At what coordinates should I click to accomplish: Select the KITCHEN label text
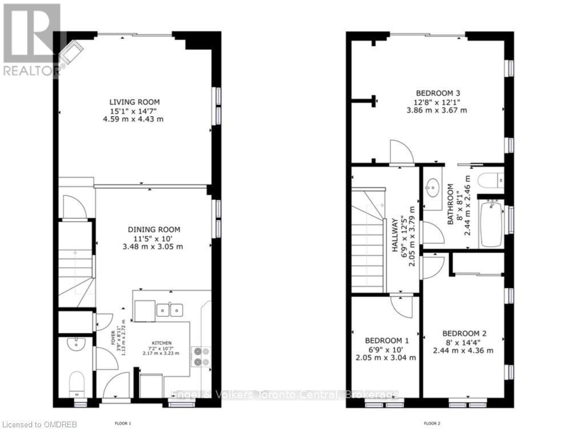[161, 343]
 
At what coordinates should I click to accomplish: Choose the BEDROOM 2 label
[463, 334]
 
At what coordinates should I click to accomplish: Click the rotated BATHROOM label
[450, 204]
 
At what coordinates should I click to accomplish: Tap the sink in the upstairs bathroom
[432, 187]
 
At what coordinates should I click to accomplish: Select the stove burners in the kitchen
[200, 357]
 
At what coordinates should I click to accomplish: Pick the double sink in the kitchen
[170, 310]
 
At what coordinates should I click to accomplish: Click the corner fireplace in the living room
[71, 53]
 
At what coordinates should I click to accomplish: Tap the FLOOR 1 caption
[123, 423]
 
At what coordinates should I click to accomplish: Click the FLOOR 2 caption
[431, 423]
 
